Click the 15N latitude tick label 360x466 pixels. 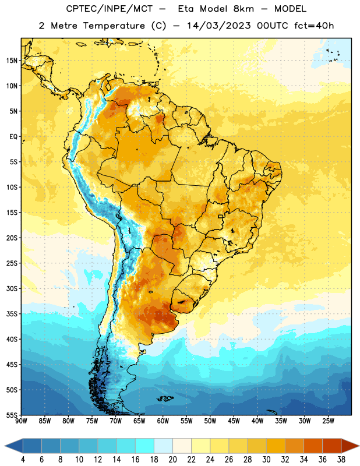(x=12, y=61)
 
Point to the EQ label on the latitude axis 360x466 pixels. (x=13, y=137)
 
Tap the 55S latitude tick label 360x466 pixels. (x=12, y=415)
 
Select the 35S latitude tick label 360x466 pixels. (x=12, y=314)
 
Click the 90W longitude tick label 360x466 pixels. (x=21, y=421)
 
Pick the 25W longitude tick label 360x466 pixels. (x=328, y=421)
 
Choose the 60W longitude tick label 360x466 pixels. (x=163, y=421)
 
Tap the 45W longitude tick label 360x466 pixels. (x=234, y=421)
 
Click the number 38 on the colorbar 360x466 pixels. (x=341, y=460)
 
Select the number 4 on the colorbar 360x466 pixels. (x=23, y=460)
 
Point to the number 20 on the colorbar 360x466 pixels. (x=172, y=460)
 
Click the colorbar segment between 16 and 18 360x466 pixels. (x=145, y=446)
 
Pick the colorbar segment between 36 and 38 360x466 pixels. (x=332, y=446)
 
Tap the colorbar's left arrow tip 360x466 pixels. (x=5, y=446)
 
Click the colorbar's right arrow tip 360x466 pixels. (x=359, y=446)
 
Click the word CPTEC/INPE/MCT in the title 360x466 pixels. (x=110, y=9)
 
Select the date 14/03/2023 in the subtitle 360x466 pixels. (x=219, y=26)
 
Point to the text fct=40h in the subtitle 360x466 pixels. (x=314, y=26)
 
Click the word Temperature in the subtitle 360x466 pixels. (x=114, y=26)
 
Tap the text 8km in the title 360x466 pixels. (x=243, y=9)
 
